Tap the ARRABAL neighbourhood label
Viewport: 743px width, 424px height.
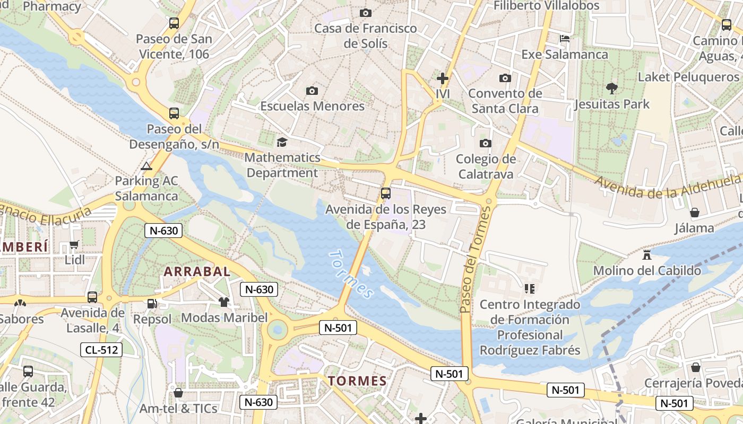[197, 272]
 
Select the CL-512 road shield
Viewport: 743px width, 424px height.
[101, 350]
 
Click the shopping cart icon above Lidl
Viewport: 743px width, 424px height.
[74, 245]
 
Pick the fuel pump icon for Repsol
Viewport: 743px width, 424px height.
[152, 304]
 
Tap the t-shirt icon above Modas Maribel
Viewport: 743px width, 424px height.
[224, 302]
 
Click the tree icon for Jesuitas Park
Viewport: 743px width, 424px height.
[611, 88]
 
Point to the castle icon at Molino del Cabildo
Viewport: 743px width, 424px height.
[646, 255]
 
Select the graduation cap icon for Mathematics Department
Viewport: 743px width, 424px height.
[282, 142]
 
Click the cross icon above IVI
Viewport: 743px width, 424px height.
[442, 78]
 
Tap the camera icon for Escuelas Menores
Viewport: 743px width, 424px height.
[312, 91]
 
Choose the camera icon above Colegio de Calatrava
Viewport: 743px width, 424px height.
[485, 143]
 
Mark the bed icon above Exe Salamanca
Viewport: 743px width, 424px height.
[565, 39]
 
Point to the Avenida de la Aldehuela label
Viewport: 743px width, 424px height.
[668, 187]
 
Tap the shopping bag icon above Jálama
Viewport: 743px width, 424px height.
[694, 213]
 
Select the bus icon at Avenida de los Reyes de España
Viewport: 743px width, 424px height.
[386, 193]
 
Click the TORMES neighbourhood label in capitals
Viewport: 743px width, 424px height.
[357, 381]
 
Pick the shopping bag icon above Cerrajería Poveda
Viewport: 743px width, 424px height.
[695, 367]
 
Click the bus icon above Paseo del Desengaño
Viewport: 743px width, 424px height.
[174, 113]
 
